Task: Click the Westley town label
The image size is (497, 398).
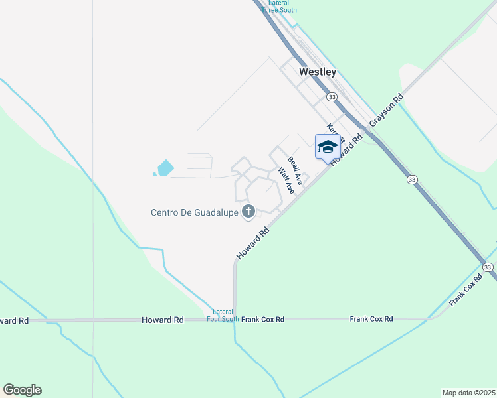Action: [x=318, y=72]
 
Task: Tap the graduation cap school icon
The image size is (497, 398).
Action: [x=327, y=146]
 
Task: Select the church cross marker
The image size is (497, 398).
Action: [x=248, y=212]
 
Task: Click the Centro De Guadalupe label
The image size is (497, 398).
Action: [x=194, y=213]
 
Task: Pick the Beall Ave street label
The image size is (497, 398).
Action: [x=295, y=170]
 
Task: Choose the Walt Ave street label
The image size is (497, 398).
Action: [x=286, y=180]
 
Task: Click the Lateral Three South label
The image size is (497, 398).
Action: [x=280, y=7]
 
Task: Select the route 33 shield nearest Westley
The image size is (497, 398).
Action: [x=332, y=97]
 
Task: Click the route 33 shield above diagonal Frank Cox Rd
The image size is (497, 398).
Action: [x=488, y=267]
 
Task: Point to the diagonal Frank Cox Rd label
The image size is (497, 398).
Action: [x=464, y=292]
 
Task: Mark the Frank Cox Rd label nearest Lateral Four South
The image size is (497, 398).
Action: [x=262, y=319]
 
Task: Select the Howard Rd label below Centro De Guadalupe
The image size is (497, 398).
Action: [x=252, y=243]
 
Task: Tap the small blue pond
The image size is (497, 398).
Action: [x=163, y=168]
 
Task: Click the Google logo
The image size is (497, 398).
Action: [x=22, y=390]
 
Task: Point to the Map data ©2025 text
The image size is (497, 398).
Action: [x=468, y=393]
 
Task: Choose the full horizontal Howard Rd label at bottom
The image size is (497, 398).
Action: [x=162, y=320]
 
